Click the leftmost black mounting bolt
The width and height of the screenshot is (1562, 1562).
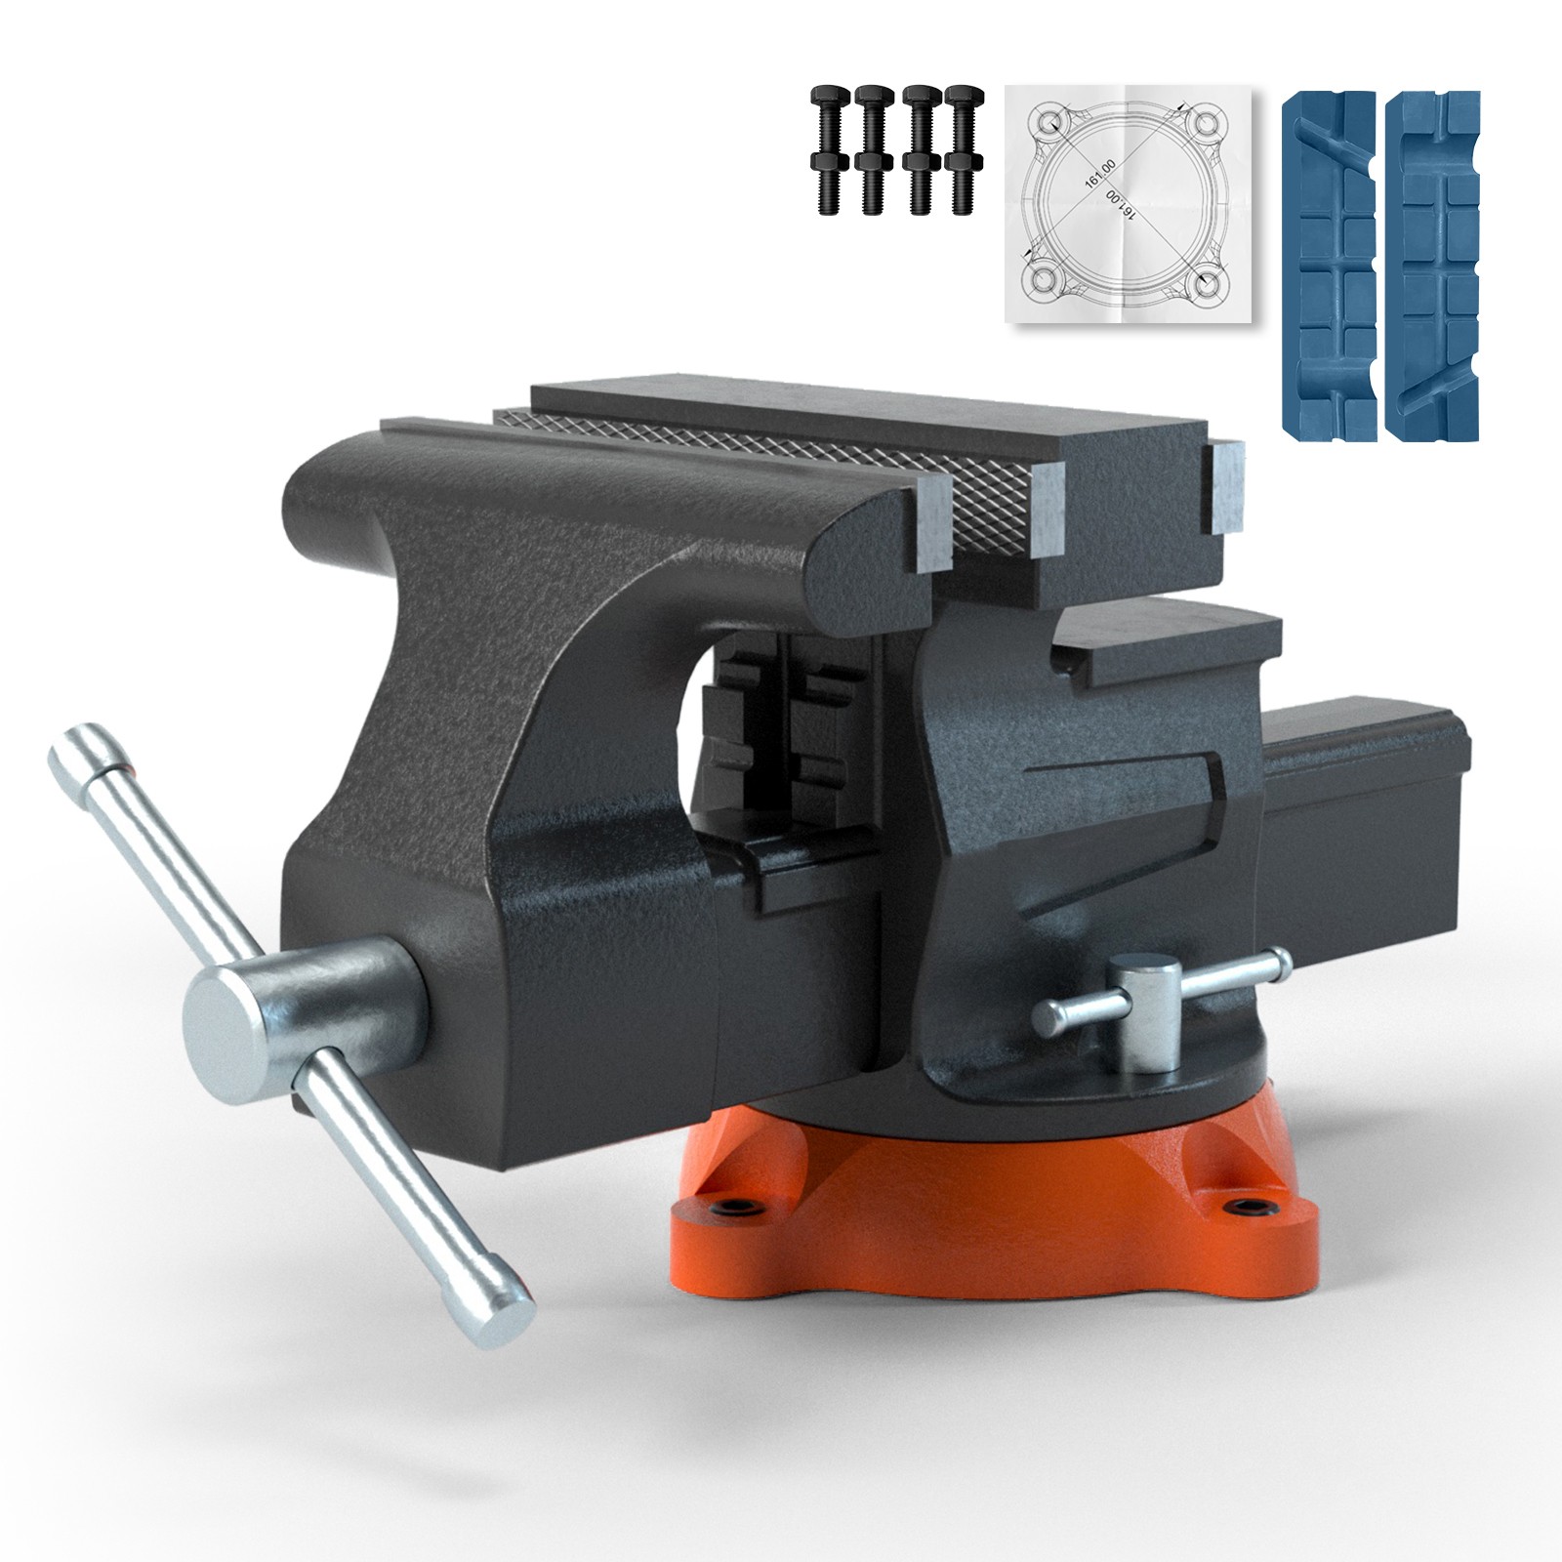click(x=824, y=148)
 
